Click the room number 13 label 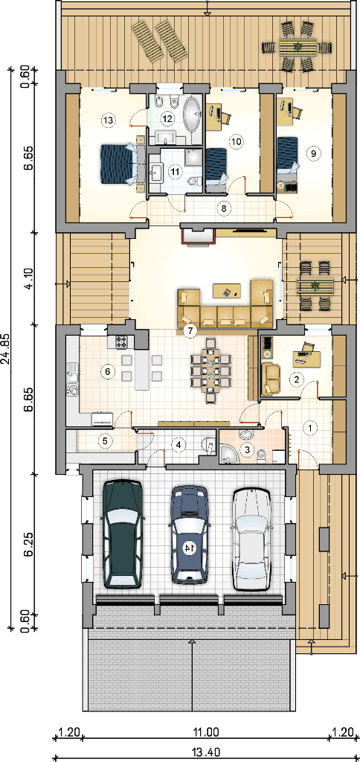click(108, 119)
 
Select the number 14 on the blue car click(188, 547)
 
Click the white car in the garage click(251, 540)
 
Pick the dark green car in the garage click(122, 534)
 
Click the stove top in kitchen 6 click(121, 342)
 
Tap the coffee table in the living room click(227, 291)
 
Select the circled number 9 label click(313, 153)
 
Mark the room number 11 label click(174, 171)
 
